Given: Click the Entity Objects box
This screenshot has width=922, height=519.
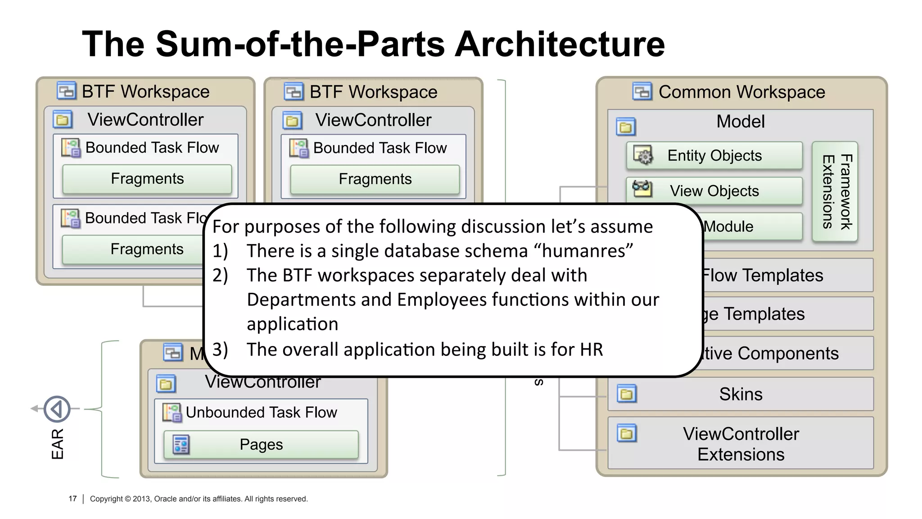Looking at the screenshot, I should coord(714,155).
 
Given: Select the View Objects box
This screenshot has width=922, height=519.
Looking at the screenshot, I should coord(714,191).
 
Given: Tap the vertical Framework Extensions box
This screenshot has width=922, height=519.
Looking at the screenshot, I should coord(835,191).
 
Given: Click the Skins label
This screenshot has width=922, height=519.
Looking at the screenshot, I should coord(741,394).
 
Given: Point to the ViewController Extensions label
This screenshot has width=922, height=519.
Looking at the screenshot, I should coord(741,444).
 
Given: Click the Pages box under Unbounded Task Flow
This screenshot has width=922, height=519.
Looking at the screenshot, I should coord(261,445).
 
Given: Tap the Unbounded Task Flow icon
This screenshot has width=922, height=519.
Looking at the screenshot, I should coord(172,412).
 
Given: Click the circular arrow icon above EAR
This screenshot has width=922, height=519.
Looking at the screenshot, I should coord(57,409).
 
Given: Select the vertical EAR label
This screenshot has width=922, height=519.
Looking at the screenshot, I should coord(58,444).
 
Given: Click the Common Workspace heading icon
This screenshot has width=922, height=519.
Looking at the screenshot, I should coord(642,91).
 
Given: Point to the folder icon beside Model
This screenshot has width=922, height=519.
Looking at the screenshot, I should coord(626,127).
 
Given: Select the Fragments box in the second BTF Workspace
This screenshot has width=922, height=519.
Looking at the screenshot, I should coord(375,179).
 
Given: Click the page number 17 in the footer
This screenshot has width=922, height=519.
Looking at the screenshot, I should coord(72,499).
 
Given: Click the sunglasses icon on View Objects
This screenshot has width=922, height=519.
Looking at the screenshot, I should coord(642,188).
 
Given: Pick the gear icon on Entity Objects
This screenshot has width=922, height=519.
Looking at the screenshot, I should coord(643,155).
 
